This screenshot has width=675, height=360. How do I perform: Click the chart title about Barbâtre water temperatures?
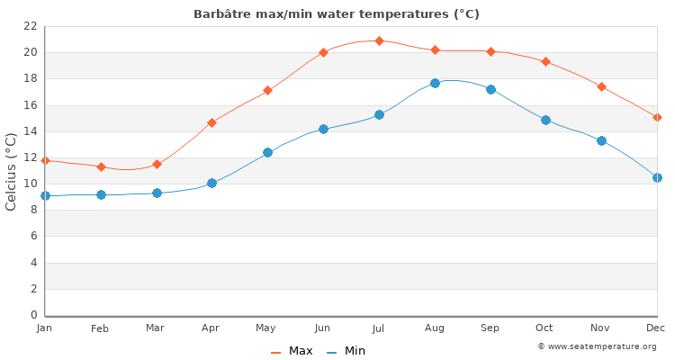click(x=337, y=14)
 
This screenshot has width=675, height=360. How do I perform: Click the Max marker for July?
click(x=379, y=40)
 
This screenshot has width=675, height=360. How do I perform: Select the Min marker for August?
click(x=435, y=83)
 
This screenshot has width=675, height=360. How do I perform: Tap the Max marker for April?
click(x=211, y=122)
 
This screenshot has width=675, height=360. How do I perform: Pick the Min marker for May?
click(x=267, y=152)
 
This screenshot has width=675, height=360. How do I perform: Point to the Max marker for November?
click(x=601, y=86)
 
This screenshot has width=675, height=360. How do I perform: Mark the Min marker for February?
click(x=101, y=194)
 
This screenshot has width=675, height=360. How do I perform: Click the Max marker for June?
click(x=323, y=52)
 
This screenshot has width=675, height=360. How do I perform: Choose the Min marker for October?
click(x=545, y=120)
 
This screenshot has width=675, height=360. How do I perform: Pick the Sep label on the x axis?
click(x=490, y=328)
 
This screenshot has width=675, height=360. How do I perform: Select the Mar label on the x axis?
click(x=156, y=328)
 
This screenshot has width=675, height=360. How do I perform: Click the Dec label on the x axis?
click(x=656, y=328)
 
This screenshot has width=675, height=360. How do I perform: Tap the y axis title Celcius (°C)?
click(x=12, y=171)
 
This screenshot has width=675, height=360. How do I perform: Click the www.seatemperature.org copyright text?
click(x=597, y=346)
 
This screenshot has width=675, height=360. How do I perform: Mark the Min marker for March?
click(x=157, y=193)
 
